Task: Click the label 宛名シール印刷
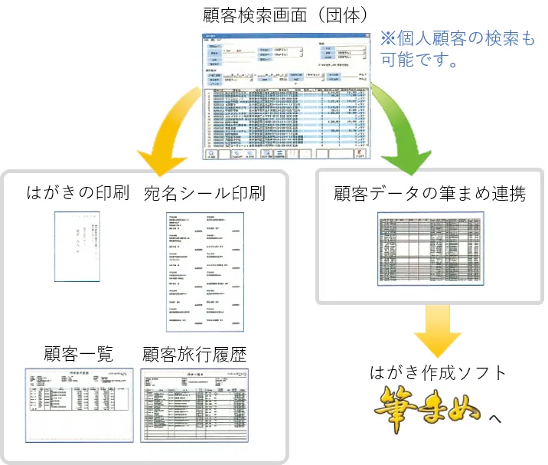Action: pyautogui.click(x=204, y=192)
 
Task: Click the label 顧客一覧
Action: pyautogui.click(x=80, y=353)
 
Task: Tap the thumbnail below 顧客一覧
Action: pyautogui.click(x=80, y=403)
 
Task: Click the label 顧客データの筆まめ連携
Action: pyautogui.click(x=429, y=192)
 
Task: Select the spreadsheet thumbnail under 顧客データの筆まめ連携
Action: pyautogui.click(x=430, y=248)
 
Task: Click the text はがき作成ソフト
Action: pyautogui.click(x=438, y=373)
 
